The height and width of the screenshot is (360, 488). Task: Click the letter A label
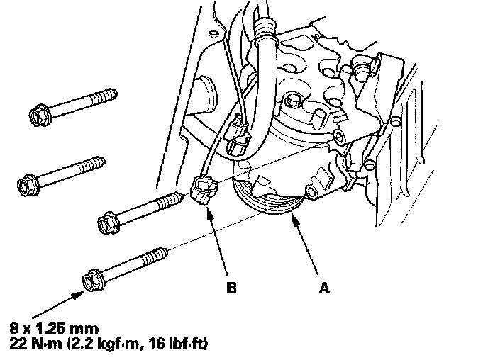pos(324,288)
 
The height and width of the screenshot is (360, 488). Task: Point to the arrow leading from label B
pos(218,241)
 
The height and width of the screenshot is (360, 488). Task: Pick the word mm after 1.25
pos(89,329)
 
